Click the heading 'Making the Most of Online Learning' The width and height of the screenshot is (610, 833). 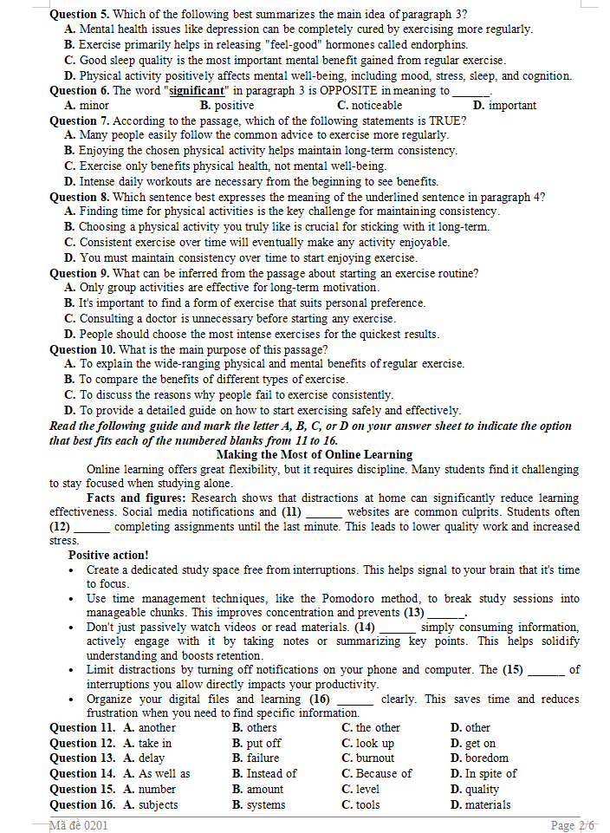(314, 454)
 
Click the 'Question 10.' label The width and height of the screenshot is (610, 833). (83, 349)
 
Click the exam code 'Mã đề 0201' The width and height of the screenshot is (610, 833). (79, 825)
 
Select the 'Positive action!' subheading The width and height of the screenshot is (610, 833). (108, 555)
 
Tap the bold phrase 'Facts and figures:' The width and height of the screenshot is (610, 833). (136, 498)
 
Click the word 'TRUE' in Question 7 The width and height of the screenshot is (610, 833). (445, 120)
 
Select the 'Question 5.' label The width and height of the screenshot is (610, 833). (80, 14)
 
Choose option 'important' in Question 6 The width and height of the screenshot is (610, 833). (512, 106)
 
